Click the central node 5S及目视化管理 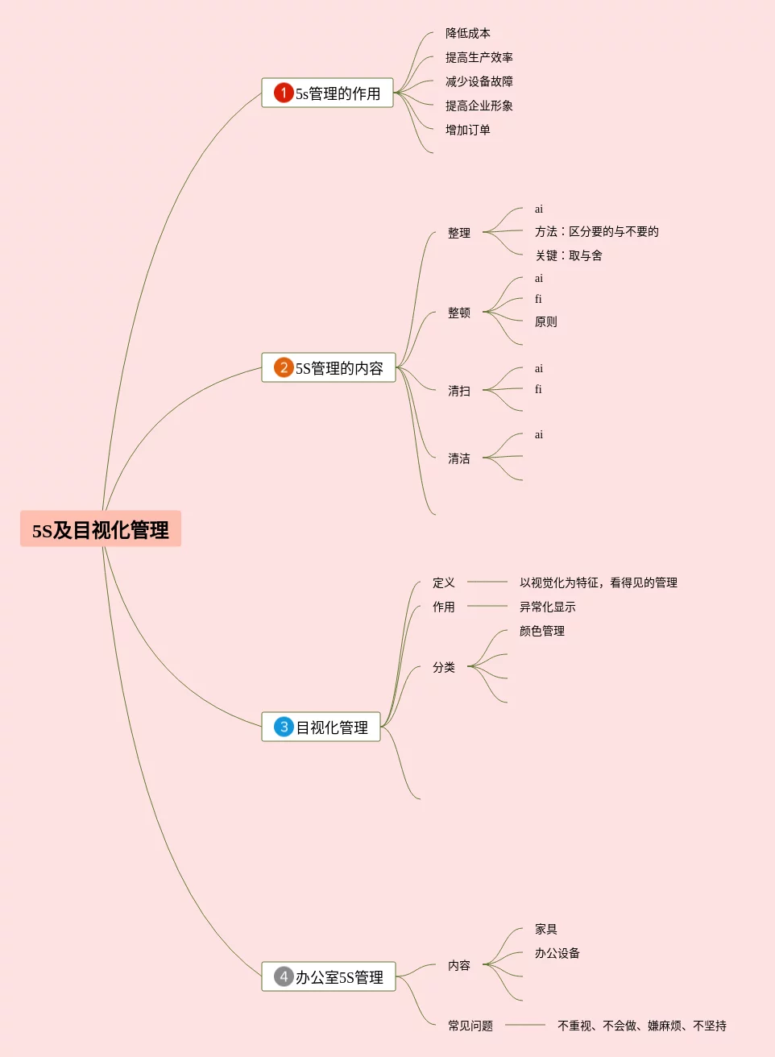click(x=101, y=529)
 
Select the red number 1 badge click(x=284, y=93)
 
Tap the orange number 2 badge click(x=284, y=367)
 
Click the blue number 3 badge click(x=284, y=727)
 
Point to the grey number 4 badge click(x=284, y=976)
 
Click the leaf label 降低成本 click(x=467, y=33)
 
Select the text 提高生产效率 click(x=479, y=57)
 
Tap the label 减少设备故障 click(x=479, y=81)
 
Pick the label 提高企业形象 click(x=479, y=106)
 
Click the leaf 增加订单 click(x=467, y=130)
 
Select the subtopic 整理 click(x=459, y=233)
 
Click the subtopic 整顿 click(x=459, y=313)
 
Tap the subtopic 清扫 click(x=459, y=391)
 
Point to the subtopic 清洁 click(x=459, y=458)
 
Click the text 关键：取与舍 click(x=569, y=255)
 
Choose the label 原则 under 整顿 click(x=545, y=321)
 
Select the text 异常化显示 click(x=547, y=607)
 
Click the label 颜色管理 click(x=541, y=631)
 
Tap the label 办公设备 click(x=557, y=953)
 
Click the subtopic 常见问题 click(x=470, y=1026)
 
